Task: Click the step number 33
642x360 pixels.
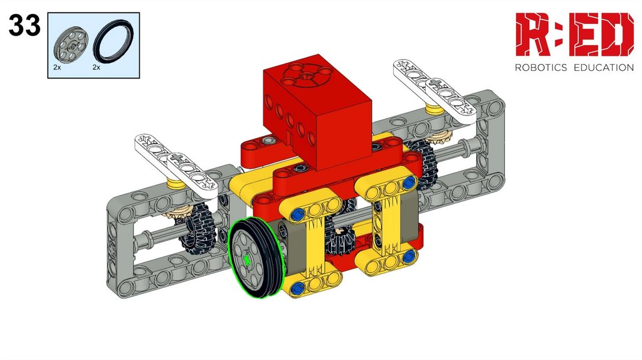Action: tap(24, 25)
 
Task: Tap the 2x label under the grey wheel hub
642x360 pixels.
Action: tap(57, 67)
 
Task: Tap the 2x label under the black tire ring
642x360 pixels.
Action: tap(96, 67)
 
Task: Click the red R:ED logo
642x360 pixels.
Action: tap(574, 34)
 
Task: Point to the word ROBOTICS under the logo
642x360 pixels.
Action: tap(541, 68)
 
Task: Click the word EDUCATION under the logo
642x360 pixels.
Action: tap(604, 68)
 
